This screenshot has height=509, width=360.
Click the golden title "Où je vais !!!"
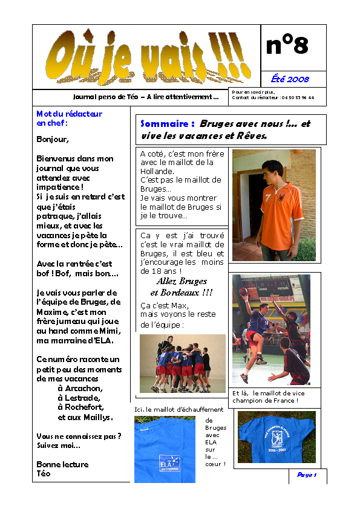(146, 59)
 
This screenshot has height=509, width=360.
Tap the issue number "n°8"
(287, 45)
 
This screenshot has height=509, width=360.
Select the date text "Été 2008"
(290, 79)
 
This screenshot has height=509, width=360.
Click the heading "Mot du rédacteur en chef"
(69, 118)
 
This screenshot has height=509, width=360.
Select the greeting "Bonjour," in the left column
(53, 138)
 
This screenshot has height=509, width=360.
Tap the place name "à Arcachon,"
(80, 388)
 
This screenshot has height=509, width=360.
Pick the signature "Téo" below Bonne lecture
(44, 473)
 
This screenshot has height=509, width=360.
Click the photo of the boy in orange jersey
(273, 205)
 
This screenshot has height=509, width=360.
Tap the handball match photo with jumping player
(271, 329)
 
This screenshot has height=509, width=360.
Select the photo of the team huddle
(182, 363)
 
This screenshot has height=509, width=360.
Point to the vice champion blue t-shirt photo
(277, 436)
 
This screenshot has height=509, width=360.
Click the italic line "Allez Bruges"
(182, 281)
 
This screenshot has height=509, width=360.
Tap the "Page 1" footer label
(307, 475)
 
